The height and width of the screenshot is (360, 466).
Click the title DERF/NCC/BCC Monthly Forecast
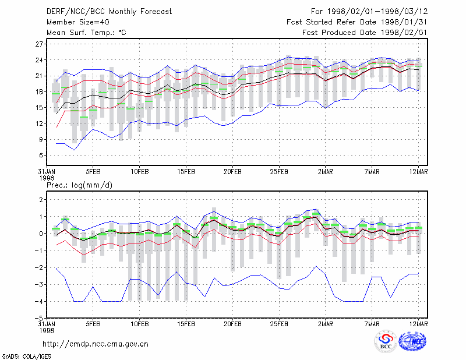coord(109,12)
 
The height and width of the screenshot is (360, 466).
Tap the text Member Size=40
coord(78,22)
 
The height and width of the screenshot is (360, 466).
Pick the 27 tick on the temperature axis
coord(39,44)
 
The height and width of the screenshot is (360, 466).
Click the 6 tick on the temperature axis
coord(41,155)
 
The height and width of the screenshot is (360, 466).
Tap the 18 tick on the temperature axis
coord(39,92)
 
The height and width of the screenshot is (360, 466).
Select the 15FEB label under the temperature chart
coord(186,172)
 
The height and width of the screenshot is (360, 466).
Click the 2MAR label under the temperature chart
coord(326,172)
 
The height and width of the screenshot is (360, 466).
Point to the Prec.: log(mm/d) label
coord(79,185)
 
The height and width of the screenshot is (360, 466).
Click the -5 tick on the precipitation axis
coord(39,319)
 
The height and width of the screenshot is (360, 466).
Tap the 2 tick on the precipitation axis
coord(41,199)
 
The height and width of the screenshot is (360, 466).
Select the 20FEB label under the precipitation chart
coord(232,324)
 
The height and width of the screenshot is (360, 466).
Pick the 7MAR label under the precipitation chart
coord(372,324)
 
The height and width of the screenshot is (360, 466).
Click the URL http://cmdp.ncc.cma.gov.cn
coord(96,344)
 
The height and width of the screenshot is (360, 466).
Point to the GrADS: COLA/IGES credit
coord(26,357)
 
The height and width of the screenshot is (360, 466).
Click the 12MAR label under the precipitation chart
coord(418,324)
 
